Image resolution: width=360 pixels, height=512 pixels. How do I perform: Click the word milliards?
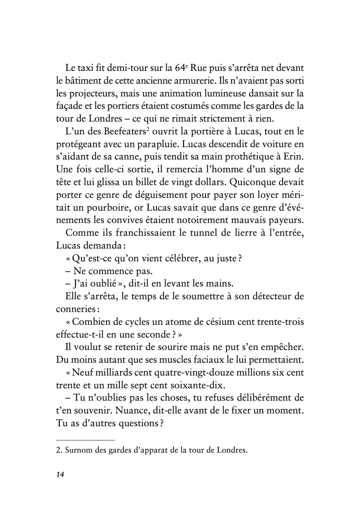coord(117,372)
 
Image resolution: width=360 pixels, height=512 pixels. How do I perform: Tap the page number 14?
coord(60,475)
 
